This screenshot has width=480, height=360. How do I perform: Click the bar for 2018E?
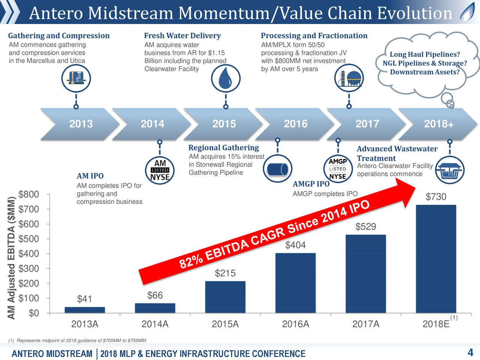[x=436, y=259]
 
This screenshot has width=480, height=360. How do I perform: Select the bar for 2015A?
[x=225, y=297]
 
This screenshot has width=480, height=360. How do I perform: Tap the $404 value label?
[x=295, y=245]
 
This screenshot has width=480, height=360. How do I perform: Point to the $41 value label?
[x=84, y=299]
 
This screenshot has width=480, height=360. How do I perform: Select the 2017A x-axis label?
[x=366, y=324]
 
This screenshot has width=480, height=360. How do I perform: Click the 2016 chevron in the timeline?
[x=295, y=124]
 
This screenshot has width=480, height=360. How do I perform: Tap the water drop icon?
[x=225, y=79]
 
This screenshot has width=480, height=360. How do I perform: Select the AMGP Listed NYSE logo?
[x=337, y=169]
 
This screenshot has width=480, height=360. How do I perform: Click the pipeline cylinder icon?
[x=277, y=169]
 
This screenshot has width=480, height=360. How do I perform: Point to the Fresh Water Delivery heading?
[x=182, y=36]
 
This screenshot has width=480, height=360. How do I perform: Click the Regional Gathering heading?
[x=223, y=148]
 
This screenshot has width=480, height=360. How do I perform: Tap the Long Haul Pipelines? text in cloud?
[x=424, y=55]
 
